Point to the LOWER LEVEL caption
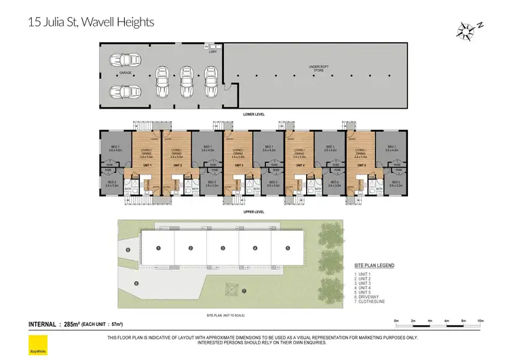click(253, 114)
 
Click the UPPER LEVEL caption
click(253, 211)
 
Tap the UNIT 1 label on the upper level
click(147, 165)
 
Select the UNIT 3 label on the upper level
click(238, 165)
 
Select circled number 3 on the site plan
click(223, 248)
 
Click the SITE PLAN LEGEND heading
click(374, 265)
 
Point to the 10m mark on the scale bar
click(480, 320)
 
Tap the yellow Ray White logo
click(33, 342)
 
